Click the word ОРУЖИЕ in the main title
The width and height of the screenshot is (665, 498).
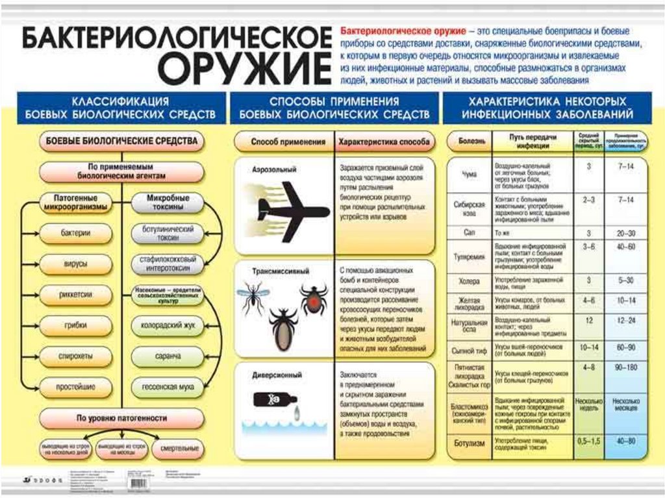click(246, 69)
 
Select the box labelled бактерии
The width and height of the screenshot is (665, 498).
click(75, 232)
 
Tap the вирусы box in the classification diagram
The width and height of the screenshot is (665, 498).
click(75, 264)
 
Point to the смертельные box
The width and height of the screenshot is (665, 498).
click(179, 449)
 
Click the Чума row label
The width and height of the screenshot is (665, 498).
click(469, 174)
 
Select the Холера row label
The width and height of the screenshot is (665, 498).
click(469, 282)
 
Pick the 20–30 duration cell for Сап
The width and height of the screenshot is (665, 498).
click(626, 232)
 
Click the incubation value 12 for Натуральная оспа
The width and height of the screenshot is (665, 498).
click(588, 320)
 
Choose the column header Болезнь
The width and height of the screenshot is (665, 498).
click(468, 140)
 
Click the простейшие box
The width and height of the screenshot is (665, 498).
click(75, 387)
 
